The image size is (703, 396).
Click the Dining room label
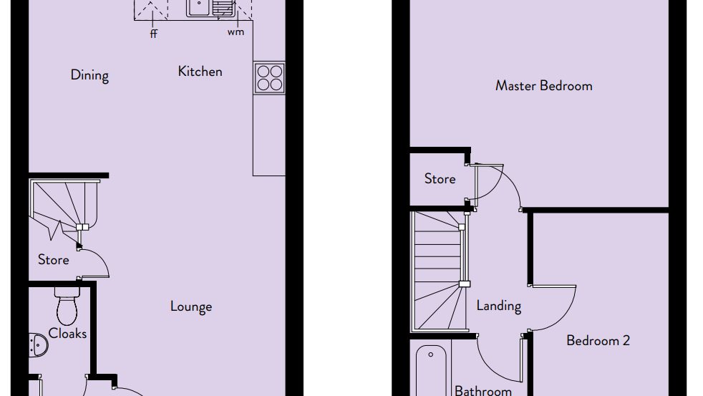point(89,75)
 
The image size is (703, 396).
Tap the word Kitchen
point(200,72)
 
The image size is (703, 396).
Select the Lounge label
point(191,306)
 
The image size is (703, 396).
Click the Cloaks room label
point(67,333)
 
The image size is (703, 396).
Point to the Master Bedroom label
point(544,86)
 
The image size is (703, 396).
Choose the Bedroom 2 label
point(598,340)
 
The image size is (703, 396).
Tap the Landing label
point(498,306)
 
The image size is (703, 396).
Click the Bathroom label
point(483,390)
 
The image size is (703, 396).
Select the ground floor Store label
point(54,260)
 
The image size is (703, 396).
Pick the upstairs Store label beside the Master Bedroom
point(440,179)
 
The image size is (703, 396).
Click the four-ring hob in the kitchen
point(269,78)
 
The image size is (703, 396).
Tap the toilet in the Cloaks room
point(67,306)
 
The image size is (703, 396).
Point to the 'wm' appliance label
point(236,32)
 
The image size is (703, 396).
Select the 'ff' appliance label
point(154,34)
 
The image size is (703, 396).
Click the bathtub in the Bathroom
point(431,370)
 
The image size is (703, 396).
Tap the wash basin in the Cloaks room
point(39,345)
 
